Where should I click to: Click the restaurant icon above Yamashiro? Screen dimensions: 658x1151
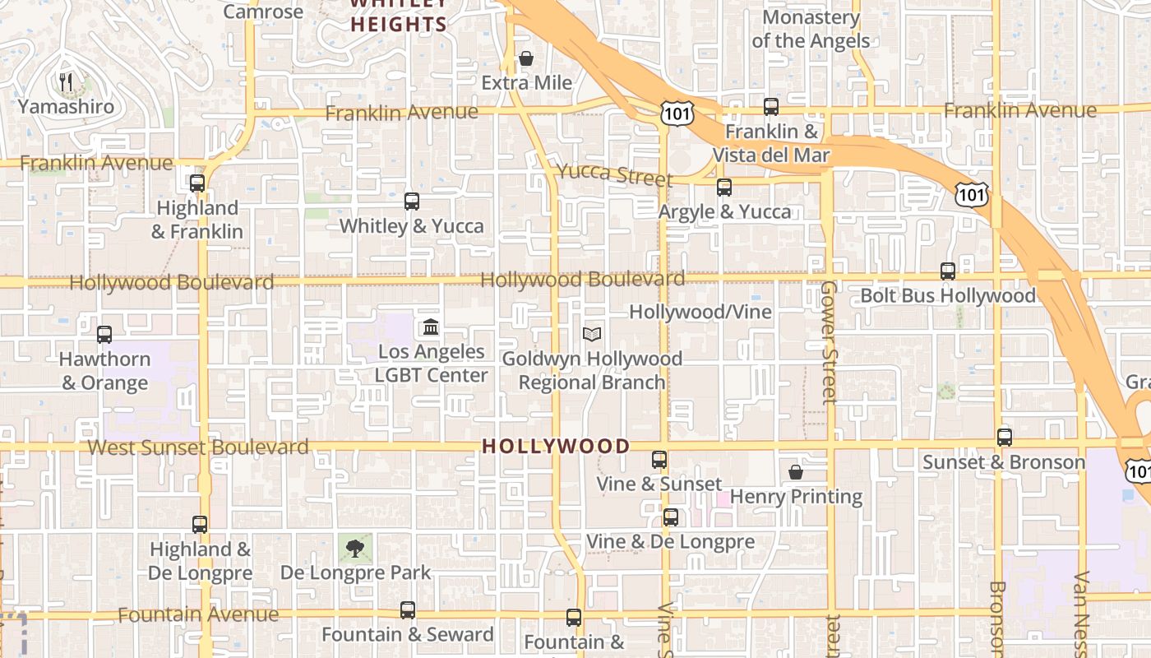(67, 81)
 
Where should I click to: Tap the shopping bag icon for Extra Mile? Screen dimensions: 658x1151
(526, 59)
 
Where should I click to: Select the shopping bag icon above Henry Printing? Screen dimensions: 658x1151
(796, 472)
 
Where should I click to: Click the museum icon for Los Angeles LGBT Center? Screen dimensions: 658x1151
(431, 328)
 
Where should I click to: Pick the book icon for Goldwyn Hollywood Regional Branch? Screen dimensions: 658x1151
(592, 334)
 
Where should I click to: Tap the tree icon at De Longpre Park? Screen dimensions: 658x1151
(355, 548)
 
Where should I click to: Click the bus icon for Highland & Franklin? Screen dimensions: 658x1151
(197, 183)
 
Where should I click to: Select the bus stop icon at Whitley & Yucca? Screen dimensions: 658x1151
(412, 202)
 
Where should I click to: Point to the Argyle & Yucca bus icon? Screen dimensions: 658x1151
(724, 188)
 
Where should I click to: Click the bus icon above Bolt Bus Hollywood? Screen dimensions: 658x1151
(948, 271)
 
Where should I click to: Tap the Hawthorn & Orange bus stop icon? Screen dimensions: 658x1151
(104, 335)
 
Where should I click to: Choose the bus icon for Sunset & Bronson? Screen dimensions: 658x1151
(1005, 438)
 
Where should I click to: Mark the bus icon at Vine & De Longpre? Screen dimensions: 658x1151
(671, 517)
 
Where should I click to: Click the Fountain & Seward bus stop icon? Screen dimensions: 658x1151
(408, 610)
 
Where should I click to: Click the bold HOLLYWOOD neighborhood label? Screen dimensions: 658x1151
(556, 447)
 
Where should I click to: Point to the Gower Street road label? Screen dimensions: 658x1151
(829, 341)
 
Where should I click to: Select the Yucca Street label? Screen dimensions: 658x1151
(615, 174)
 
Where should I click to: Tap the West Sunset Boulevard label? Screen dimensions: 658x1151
(198, 447)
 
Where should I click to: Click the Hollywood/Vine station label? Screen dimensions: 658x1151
(700, 312)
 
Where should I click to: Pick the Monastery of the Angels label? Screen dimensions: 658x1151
(811, 29)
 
